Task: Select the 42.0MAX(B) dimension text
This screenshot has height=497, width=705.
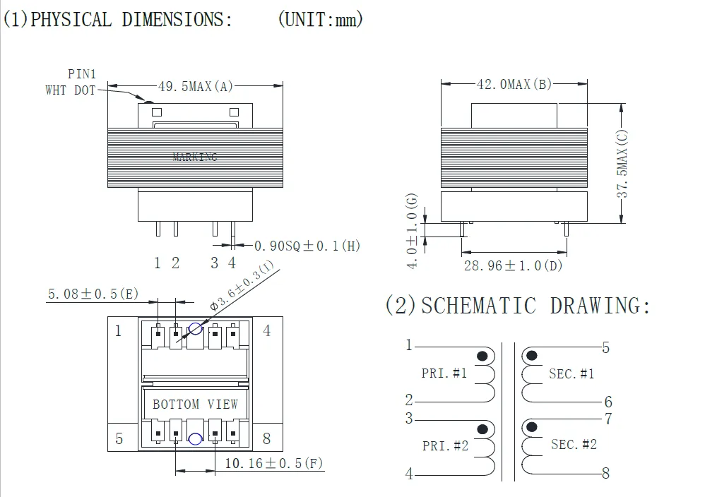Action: pyautogui.click(x=514, y=84)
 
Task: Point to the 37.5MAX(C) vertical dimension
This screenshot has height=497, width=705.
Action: pyautogui.click(x=622, y=164)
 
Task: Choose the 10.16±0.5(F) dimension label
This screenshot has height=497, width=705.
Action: pyautogui.click(x=274, y=464)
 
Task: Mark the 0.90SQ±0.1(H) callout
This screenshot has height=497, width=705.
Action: pyautogui.click(x=307, y=246)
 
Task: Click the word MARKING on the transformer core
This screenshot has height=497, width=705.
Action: pyautogui.click(x=195, y=157)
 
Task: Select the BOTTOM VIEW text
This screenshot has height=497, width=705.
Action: pyautogui.click(x=195, y=405)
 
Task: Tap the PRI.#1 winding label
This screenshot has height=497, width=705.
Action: pyautogui.click(x=444, y=373)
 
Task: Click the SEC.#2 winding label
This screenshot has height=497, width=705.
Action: pyautogui.click(x=574, y=444)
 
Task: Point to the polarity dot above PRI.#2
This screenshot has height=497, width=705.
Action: pyautogui.click(x=483, y=429)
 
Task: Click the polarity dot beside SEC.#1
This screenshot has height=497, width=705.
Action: pyautogui.click(x=532, y=355)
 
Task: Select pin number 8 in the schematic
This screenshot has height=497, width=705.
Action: pyautogui.click(x=605, y=474)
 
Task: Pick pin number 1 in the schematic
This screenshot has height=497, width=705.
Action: pyautogui.click(x=408, y=345)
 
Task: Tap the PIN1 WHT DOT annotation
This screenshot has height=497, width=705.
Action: pyautogui.click(x=71, y=82)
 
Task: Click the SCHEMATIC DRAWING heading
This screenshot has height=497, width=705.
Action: pyautogui.click(x=517, y=306)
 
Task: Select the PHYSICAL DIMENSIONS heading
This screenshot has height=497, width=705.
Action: pyautogui.click(x=117, y=20)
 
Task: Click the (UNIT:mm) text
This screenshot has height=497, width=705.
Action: pyautogui.click(x=320, y=20)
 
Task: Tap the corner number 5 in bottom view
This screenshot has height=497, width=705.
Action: pyautogui.click(x=119, y=438)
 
